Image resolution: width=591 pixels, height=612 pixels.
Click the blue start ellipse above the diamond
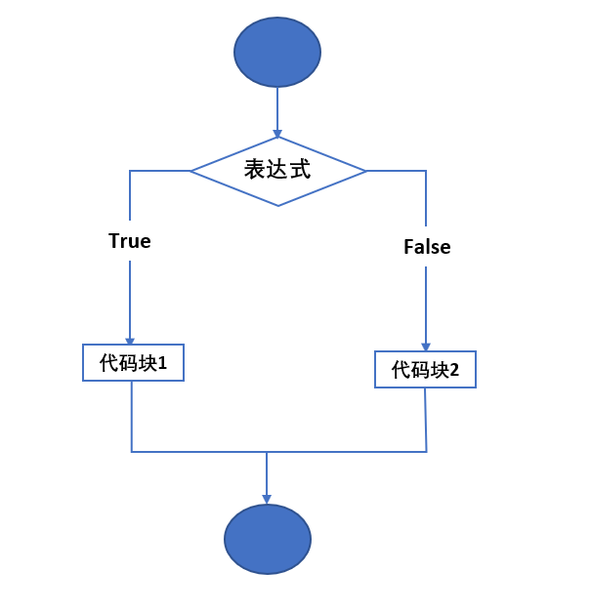pyautogui.click(x=277, y=53)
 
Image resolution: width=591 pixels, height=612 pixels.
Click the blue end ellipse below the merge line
pyautogui.click(x=268, y=539)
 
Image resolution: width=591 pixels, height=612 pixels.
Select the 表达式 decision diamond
pyautogui.click(x=277, y=171)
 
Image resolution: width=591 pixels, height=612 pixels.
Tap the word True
pyautogui.click(x=130, y=241)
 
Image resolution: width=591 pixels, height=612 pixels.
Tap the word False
pyautogui.click(x=427, y=247)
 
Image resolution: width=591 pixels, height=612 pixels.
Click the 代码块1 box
pyautogui.click(x=133, y=363)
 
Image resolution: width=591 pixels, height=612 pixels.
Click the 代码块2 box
pyautogui.click(x=425, y=370)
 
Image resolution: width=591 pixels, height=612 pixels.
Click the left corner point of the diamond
pyautogui.click(x=191, y=171)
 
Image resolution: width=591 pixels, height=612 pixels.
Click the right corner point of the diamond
pyautogui.click(x=365, y=171)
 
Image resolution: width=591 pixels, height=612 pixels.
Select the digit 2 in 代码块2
pyautogui.click(x=454, y=371)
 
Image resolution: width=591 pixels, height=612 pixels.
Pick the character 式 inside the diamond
pyautogui.click(x=302, y=170)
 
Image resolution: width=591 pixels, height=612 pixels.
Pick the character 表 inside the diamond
pyautogui.click(x=253, y=170)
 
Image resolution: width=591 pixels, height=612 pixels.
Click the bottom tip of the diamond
pyautogui.click(x=278, y=205)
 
